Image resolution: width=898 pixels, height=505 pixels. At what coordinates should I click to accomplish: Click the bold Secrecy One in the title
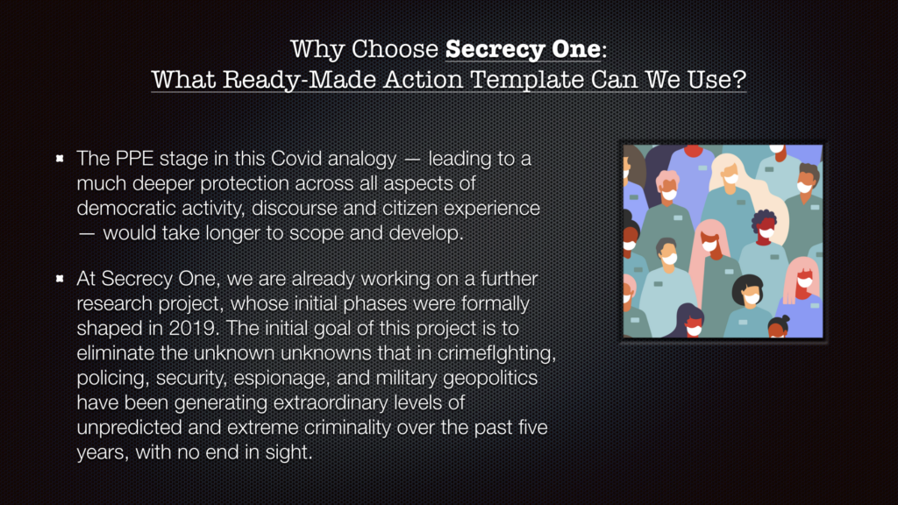(523, 49)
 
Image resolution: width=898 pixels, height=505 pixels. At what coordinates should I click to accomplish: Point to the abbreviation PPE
(134, 159)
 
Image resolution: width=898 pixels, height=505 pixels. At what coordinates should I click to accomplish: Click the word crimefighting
(496, 353)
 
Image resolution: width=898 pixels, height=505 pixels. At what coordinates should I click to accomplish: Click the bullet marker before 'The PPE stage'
(60, 158)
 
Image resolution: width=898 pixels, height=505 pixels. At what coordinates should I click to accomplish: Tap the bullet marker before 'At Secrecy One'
(60, 278)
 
